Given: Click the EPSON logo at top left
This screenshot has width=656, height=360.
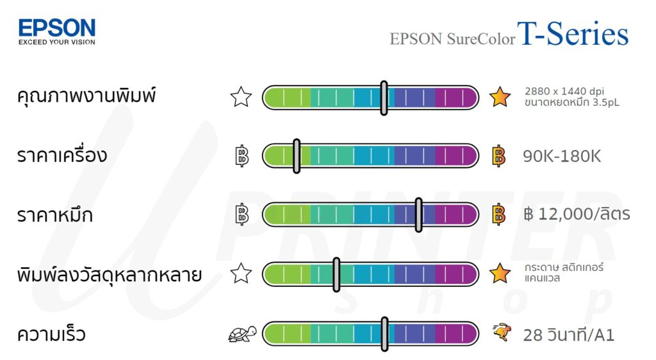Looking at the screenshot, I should (57, 28).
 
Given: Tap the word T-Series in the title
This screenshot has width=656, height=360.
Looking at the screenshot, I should (573, 35).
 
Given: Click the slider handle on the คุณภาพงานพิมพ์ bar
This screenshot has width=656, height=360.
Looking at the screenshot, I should (384, 98).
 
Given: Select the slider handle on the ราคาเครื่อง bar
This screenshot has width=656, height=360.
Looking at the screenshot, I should (297, 156).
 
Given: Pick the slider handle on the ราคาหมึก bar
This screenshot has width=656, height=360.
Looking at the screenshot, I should (418, 215).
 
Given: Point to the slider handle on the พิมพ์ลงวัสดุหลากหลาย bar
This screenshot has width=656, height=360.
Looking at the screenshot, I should (336, 275).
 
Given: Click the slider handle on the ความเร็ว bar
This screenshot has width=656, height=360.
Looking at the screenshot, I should (384, 334).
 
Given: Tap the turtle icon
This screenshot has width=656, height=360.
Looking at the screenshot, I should (242, 334).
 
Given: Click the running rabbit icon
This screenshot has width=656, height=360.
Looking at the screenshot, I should (501, 333).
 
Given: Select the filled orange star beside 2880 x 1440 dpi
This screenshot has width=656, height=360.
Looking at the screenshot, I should (500, 97).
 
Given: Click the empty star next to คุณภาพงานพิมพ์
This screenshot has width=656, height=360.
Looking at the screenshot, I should (241, 97).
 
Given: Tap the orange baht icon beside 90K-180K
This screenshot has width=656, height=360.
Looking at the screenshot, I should (499, 156).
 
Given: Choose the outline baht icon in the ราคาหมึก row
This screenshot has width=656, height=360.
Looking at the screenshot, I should (242, 214).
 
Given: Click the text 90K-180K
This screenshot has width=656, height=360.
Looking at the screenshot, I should (562, 156).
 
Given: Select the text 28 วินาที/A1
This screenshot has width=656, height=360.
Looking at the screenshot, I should (568, 335).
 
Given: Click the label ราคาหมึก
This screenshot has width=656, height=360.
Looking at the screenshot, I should (55, 215).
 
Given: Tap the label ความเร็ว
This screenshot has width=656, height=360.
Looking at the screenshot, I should (51, 334).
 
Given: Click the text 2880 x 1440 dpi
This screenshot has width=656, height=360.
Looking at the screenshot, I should (564, 91).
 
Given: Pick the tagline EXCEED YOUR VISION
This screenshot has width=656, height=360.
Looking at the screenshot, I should (56, 42).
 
